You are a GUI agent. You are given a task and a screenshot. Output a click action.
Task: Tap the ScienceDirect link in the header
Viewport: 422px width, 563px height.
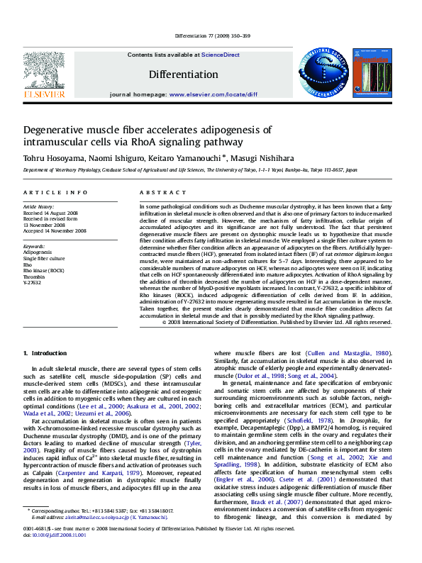pyautogui.click(x=220, y=55)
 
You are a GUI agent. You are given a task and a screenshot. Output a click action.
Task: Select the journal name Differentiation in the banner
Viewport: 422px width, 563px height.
pyautogui.click(x=183, y=74)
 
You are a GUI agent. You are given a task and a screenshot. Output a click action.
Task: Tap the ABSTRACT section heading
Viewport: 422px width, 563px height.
pyautogui.click(x=157, y=193)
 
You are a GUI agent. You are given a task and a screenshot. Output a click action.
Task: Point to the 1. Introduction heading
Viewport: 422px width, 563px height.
pyautogui.click(x=45, y=352)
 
